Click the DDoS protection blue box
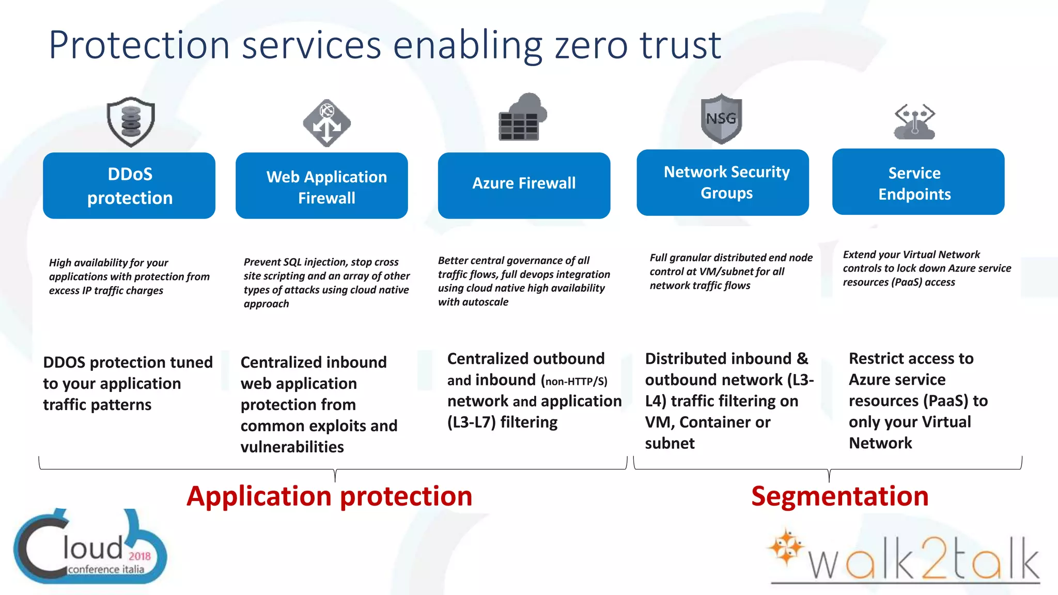pyautogui.click(x=129, y=185)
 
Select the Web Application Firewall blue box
pyautogui.click(x=321, y=185)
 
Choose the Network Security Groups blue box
pyautogui.click(x=723, y=182)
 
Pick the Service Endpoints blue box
pyautogui.click(x=918, y=182)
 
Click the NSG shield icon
pyautogui.click(x=721, y=119)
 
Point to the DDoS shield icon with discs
pyautogui.click(x=131, y=121)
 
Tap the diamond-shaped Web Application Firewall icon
pyautogui.click(x=326, y=123)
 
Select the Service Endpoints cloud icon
pyautogui.click(x=914, y=122)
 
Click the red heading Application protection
pyautogui.click(x=329, y=496)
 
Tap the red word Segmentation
pyautogui.click(x=839, y=496)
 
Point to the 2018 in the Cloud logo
pyautogui.click(x=139, y=556)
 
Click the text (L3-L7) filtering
pyautogui.click(x=502, y=422)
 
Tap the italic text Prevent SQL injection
pyautogui.click(x=287, y=262)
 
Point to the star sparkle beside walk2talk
pyautogui.click(x=786, y=547)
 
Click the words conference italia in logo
pyautogui.click(x=106, y=569)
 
